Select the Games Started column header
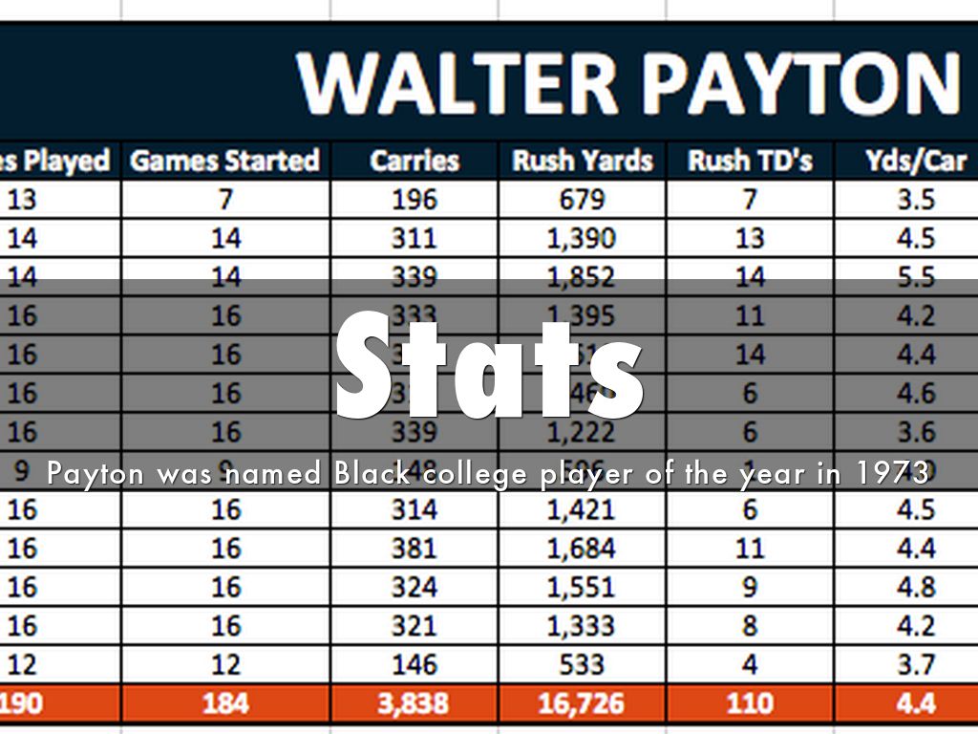224,161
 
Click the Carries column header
414,161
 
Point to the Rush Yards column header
582,161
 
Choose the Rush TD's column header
750,161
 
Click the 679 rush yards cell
582,200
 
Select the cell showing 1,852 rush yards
582,277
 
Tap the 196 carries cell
414,200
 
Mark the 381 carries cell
414,549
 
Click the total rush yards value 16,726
582,704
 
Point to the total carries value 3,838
414,704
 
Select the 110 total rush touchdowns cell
750,704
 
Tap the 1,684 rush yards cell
582,549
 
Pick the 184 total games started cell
224,704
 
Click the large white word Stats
490,368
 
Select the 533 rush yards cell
582,664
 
